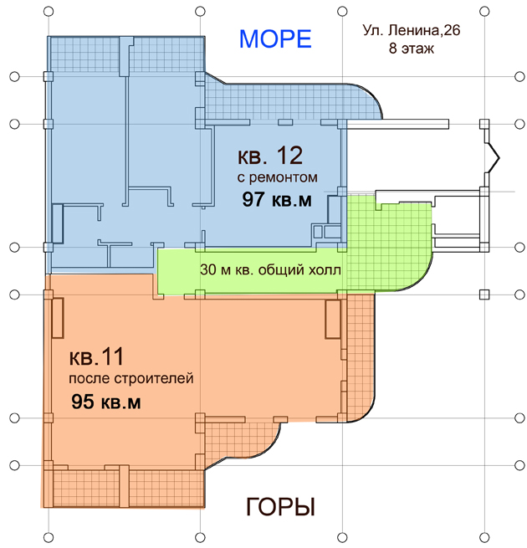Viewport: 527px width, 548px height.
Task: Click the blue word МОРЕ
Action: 275,38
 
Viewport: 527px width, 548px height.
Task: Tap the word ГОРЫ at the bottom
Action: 280,507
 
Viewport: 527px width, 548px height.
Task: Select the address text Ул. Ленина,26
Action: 412,31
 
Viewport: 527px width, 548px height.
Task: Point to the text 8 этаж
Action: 412,48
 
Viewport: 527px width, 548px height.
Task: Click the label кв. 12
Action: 270,156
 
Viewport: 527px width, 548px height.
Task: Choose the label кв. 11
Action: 96,357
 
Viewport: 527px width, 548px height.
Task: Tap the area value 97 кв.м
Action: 277,200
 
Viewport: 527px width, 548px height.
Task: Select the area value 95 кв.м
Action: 106,402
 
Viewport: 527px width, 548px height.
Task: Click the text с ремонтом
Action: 278,178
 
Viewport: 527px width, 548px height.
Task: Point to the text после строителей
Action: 131,378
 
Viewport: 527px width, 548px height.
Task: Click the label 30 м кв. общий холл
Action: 270,270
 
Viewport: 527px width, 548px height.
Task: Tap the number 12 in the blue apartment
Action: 289,156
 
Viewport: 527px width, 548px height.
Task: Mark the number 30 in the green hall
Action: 208,270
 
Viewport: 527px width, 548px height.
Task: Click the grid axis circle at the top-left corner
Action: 49,12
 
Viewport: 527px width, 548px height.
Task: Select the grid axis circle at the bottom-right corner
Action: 484,537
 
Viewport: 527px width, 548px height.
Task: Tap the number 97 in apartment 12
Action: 253,200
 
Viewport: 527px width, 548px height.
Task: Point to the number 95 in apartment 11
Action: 83,402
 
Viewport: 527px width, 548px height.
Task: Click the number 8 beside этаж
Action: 393,48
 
